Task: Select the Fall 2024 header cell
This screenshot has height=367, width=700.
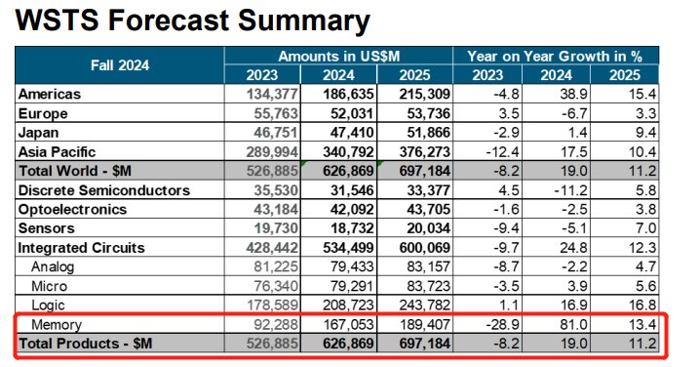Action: tap(120, 65)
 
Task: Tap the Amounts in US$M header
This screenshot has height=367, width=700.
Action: tap(339, 57)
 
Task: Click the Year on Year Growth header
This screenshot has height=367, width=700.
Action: tap(555, 57)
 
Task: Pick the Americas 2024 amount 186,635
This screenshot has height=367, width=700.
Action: tap(348, 94)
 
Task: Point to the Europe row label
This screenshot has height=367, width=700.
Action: tap(43, 113)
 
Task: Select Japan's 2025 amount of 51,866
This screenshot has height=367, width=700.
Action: tap(428, 133)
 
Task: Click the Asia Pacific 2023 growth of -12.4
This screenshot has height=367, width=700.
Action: tap(502, 152)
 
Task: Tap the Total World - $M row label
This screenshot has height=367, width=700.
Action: tap(74, 171)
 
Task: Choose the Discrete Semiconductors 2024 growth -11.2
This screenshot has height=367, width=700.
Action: tap(570, 190)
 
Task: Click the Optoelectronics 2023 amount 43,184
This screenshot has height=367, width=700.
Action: tap(276, 210)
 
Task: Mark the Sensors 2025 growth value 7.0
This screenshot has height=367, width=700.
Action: tap(645, 228)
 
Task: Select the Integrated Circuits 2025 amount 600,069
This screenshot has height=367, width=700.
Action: tap(424, 248)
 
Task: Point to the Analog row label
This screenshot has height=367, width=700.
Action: tap(53, 267)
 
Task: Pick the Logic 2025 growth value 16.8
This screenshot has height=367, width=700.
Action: tap(642, 306)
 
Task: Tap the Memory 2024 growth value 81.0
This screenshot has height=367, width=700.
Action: tap(573, 324)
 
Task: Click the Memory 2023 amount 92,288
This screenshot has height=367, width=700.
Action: tap(276, 324)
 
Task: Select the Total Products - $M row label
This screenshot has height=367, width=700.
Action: tap(85, 344)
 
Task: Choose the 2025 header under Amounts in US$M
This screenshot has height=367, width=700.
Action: tap(414, 75)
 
